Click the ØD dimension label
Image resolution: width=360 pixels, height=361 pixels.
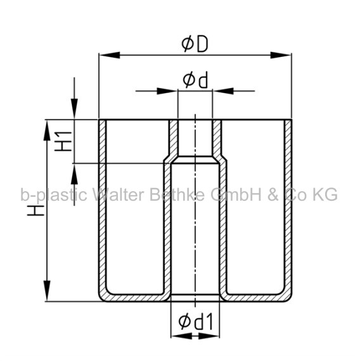click(195, 44)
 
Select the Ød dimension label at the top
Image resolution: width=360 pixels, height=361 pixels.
click(195, 80)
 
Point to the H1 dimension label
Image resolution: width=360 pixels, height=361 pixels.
click(63, 141)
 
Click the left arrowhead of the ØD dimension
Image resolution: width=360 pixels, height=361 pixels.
click(110, 55)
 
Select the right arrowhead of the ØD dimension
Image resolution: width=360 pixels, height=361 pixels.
click(281, 55)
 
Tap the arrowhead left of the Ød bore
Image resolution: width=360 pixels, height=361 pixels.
click(167, 91)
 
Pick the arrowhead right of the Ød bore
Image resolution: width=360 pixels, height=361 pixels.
click(223, 91)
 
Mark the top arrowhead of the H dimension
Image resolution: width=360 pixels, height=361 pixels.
click(47, 130)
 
